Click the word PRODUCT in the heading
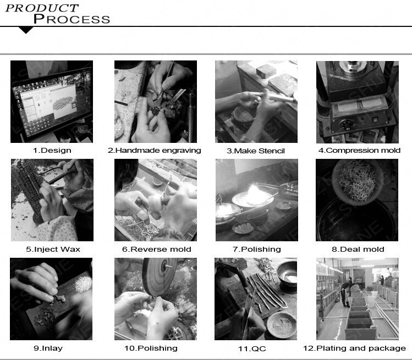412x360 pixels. pos(42,8)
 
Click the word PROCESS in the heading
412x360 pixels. pos(72,19)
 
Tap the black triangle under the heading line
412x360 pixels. pos(26,30)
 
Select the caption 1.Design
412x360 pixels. pos(52,151)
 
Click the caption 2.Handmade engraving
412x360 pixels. pos(155,151)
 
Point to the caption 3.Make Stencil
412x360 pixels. pos(256,151)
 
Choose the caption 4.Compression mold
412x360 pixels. pos(359,151)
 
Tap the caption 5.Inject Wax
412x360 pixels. pos(53,249)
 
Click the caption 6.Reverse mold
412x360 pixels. pos(157,249)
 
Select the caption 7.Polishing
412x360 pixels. pos(257,249)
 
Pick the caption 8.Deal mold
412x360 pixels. pos(358,249)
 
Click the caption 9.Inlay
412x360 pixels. pos(48,348)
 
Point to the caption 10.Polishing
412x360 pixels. pos(151,348)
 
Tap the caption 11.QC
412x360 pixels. pos(252,348)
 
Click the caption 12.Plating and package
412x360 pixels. pos(354,348)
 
